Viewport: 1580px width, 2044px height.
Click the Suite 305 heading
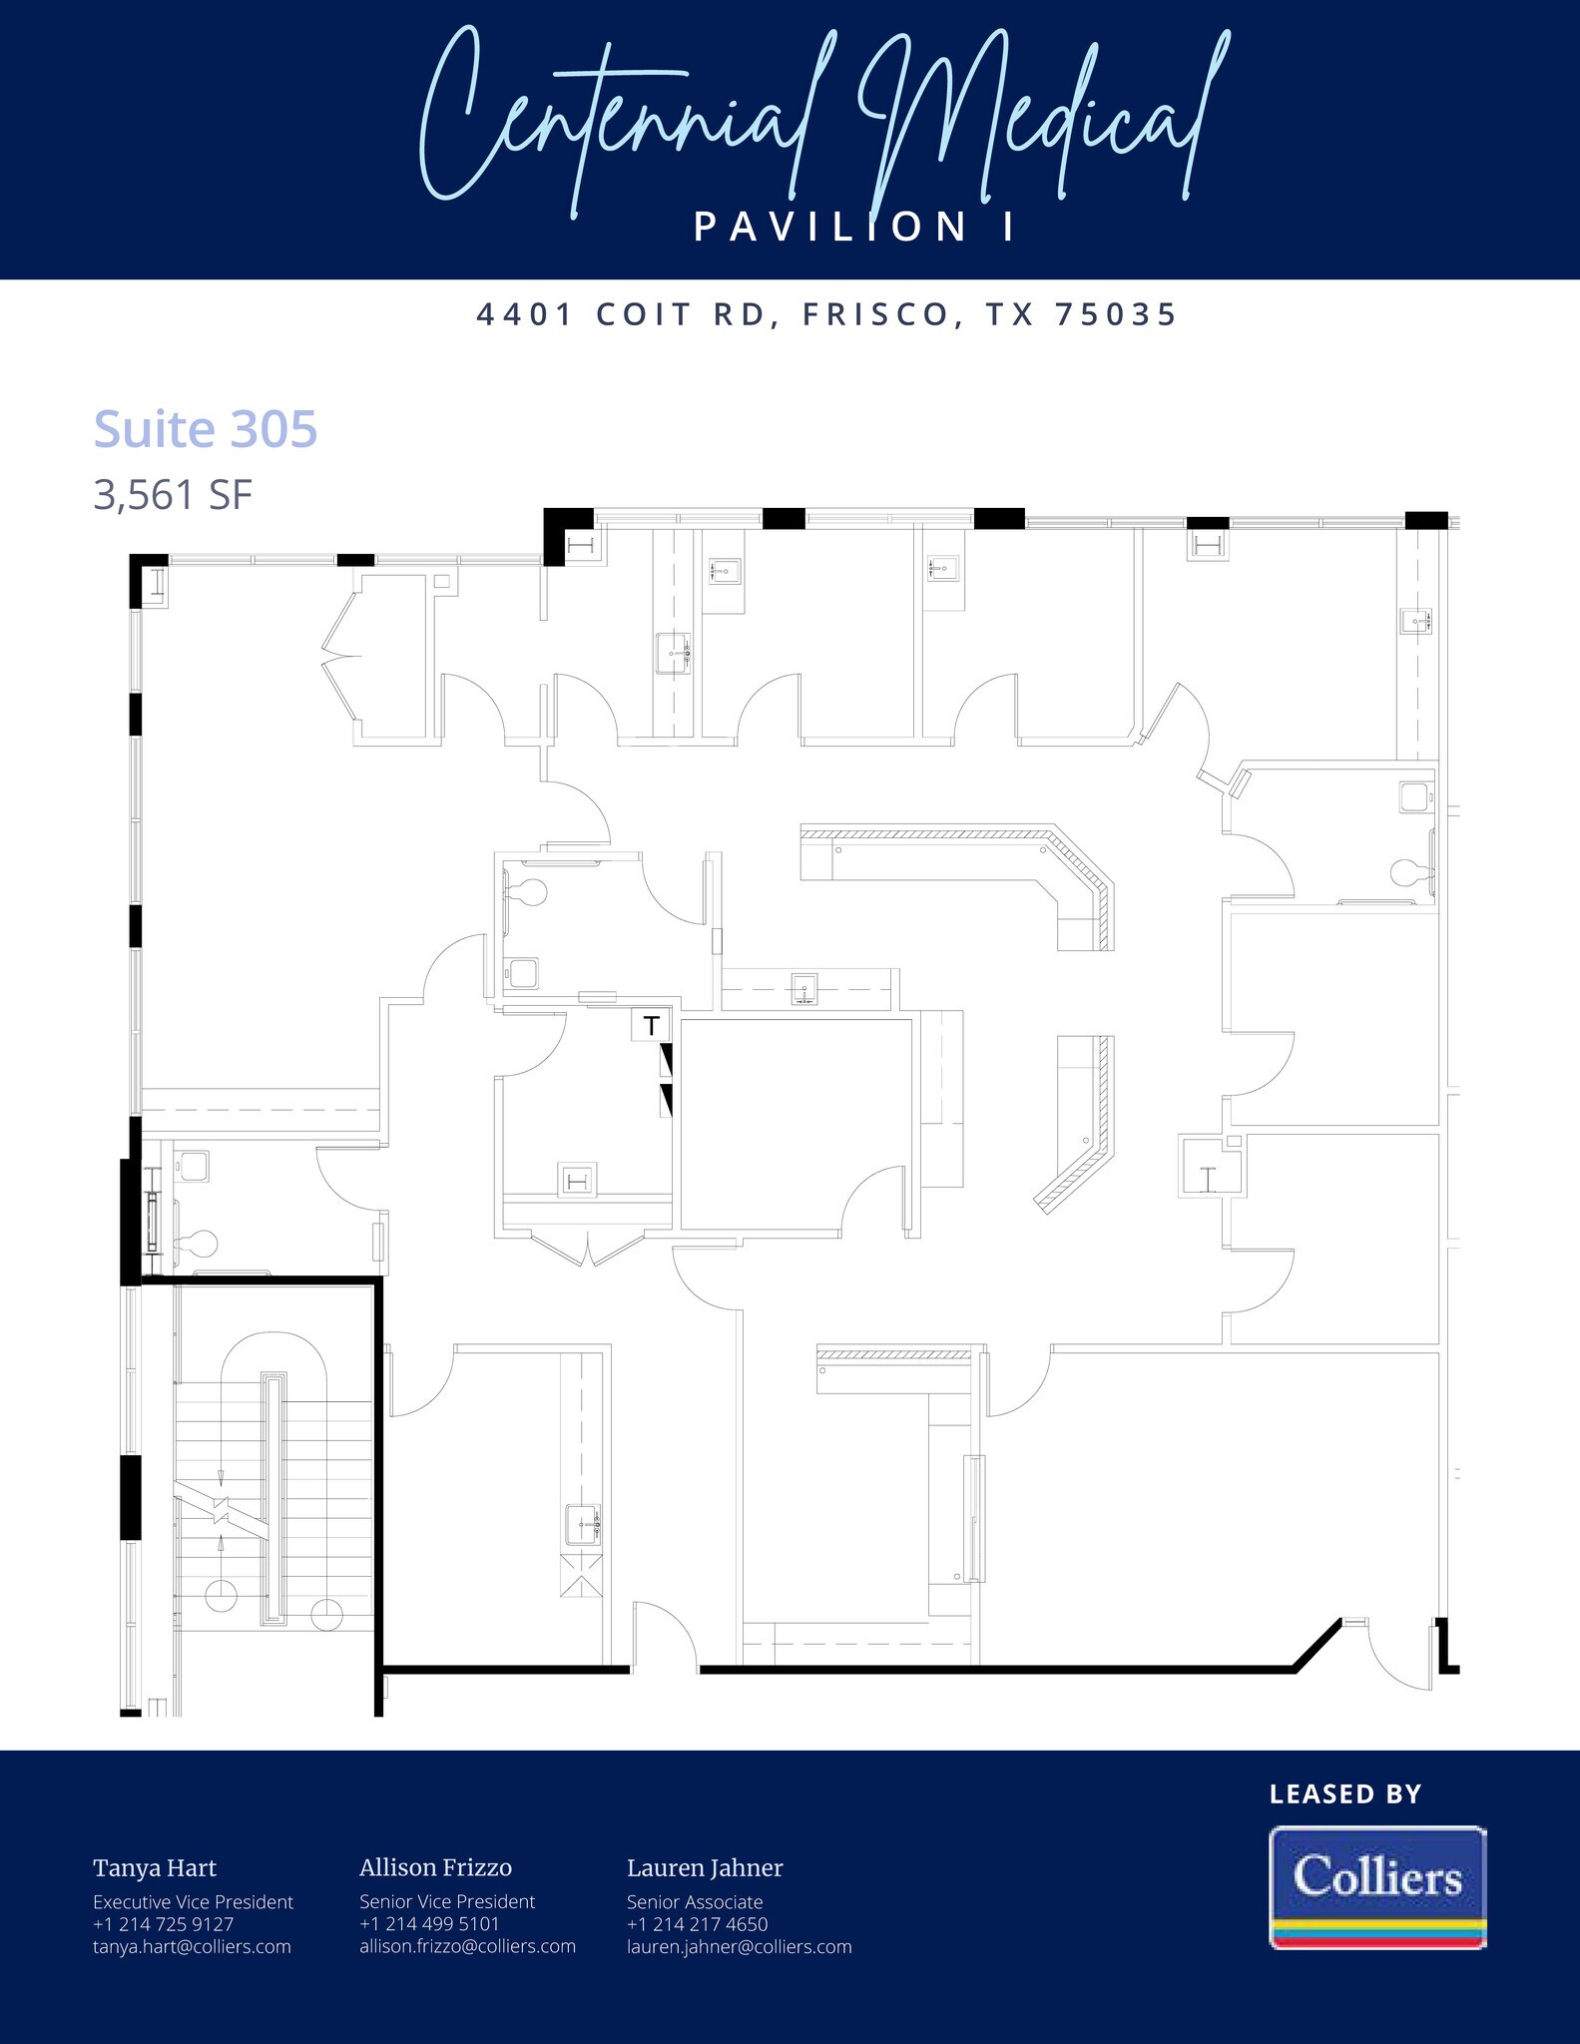[x=205, y=429]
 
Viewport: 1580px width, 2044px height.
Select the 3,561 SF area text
[x=173, y=495]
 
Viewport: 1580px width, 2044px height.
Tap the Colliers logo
[x=1377, y=1886]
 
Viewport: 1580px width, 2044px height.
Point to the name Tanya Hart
[x=155, y=1868]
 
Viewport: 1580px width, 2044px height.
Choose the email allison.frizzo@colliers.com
[x=467, y=1946]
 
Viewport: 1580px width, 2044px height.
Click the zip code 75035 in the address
[x=1116, y=314]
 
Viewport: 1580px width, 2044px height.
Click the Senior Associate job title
[x=695, y=1902]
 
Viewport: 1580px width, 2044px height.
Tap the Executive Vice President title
[x=193, y=1902]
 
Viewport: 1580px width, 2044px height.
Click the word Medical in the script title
[x=1038, y=120]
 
